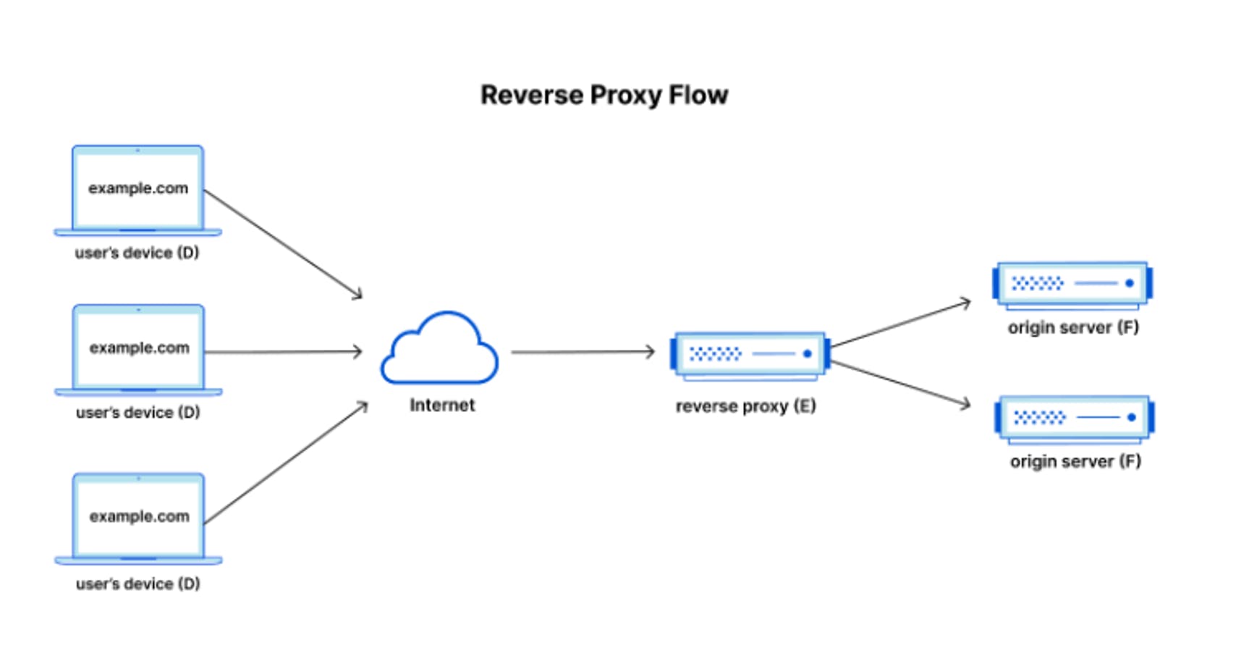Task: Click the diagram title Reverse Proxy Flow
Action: pos(604,96)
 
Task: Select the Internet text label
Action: pos(442,405)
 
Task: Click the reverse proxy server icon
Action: pos(750,356)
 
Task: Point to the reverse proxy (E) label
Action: pos(745,406)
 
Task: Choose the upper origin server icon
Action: pos(1072,285)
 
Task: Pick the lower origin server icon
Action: pos(1074,419)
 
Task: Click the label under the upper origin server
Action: pos(1073,328)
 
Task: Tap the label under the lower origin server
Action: pos(1075,461)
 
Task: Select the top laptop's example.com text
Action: pos(138,188)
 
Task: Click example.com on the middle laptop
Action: pos(140,348)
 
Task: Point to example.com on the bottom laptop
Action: pos(140,516)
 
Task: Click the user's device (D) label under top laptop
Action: pos(137,253)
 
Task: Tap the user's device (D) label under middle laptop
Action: pos(137,413)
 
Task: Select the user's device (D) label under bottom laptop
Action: pos(137,584)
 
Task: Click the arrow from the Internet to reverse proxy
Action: pos(583,352)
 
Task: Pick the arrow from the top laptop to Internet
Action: pos(283,244)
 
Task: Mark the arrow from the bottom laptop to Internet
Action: pos(286,463)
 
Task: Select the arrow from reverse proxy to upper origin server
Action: pos(900,324)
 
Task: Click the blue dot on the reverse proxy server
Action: pos(808,354)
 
